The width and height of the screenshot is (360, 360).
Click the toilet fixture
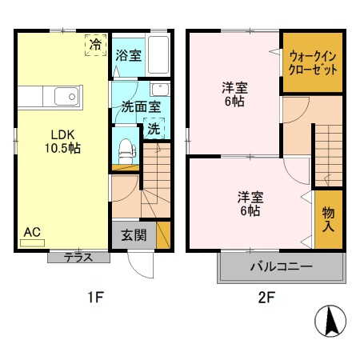click(125, 148)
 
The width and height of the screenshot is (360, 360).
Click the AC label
click(32, 232)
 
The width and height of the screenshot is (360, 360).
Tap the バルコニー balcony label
click(280, 266)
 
